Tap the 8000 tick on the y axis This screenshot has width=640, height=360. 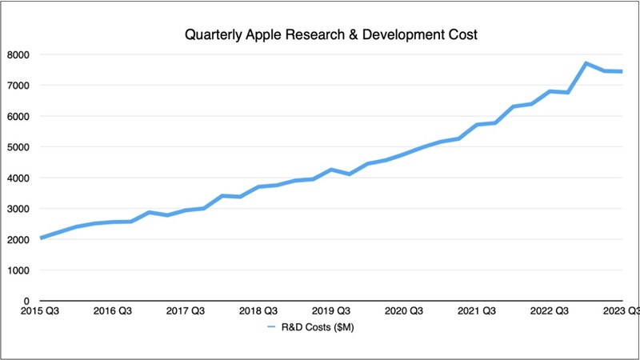click(x=18, y=54)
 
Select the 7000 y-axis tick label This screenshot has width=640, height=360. click(x=18, y=86)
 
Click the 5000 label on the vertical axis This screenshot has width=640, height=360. click(x=18, y=147)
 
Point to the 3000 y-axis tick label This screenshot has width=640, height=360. click(x=18, y=209)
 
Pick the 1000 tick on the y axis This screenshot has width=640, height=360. click(x=18, y=270)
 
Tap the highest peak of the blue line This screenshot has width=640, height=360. click(x=586, y=63)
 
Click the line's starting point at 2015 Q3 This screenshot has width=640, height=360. click(x=41, y=238)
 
